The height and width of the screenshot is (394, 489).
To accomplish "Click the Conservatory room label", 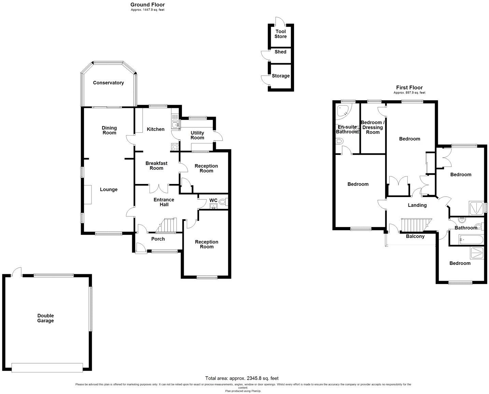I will click(x=108, y=83).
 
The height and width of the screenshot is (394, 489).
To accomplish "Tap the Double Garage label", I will click(x=45, y=318).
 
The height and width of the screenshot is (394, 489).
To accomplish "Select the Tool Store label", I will click(x=280, y=34).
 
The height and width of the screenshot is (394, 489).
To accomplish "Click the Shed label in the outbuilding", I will click(x=280, y=52).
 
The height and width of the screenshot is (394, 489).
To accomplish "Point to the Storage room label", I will click(x=280, y=76).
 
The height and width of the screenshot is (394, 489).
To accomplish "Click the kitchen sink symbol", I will click(x=175, y=123).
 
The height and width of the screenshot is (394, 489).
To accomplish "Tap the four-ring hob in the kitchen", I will click(x=175, y=147).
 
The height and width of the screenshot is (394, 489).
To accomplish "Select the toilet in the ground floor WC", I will click(x=223, y=202).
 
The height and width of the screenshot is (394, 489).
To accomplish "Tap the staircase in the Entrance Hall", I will click(x=167, y=225).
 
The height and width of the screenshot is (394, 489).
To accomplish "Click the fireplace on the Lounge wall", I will click(x=87, y=195).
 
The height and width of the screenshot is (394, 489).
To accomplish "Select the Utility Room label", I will click(x=197, y=135).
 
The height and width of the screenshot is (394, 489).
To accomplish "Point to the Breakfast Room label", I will click(x=156, y=166).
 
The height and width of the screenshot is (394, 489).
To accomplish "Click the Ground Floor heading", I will click(x=148, y=5).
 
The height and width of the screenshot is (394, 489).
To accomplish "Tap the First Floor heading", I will click(x=409, y=88).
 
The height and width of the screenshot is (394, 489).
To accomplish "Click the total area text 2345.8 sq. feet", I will click(x=242, y=378).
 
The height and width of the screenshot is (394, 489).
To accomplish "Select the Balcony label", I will click(x=415, y=236).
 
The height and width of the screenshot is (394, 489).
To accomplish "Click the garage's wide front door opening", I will click(x=47, y=367).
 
